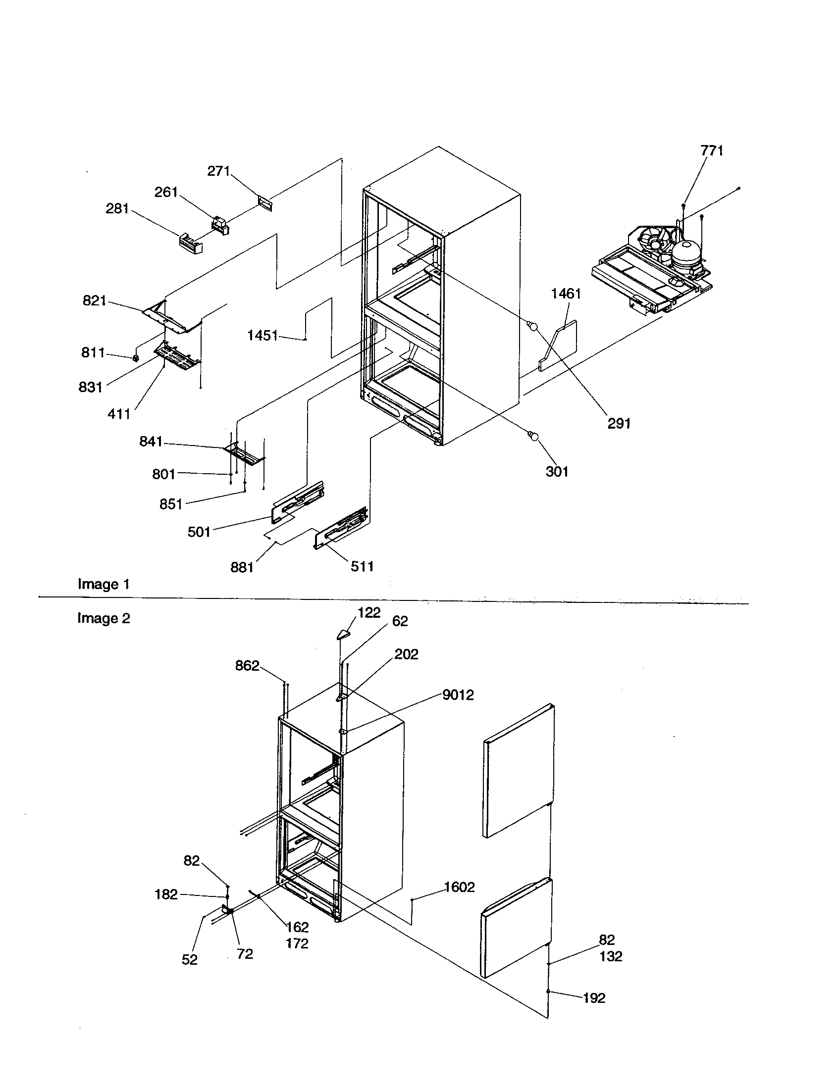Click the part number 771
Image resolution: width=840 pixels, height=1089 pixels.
click(712, 150)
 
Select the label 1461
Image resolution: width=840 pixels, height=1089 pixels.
click(566, 294)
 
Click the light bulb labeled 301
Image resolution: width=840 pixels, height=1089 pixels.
click(534, 436)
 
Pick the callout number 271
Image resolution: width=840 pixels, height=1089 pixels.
click(218, 171)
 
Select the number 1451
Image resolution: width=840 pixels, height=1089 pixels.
click(262, 336)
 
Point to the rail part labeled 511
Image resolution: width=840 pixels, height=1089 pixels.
click(341, 529)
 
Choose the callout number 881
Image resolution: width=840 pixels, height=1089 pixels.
click(242, 567)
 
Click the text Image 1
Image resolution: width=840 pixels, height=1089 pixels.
click(104, 584)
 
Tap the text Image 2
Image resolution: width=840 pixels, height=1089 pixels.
click(104, 618)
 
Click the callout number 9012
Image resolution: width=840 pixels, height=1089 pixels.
click(458, 694)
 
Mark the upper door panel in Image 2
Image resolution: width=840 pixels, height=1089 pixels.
click(518, 771)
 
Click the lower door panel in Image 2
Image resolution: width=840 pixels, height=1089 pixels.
click(516, 927)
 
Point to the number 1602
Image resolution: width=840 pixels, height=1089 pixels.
click(460, 887)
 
